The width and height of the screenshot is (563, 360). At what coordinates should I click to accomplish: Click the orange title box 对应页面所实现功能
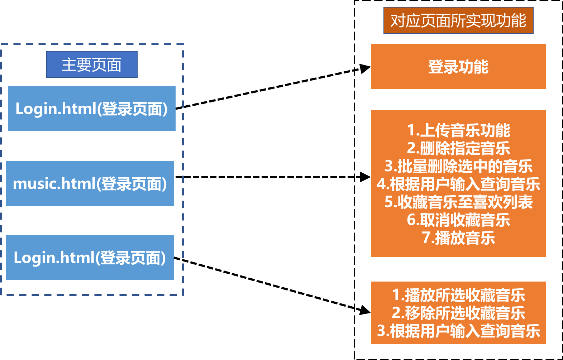458,20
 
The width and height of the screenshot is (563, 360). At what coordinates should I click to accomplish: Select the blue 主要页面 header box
92,64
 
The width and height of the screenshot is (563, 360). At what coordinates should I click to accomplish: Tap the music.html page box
90,183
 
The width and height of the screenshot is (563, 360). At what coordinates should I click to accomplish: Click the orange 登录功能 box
458,67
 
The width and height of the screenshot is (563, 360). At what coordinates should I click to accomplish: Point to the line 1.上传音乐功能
458,130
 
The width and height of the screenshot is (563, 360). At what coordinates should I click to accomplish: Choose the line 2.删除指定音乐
458,148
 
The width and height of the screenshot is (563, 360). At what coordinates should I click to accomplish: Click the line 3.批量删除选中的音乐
458,166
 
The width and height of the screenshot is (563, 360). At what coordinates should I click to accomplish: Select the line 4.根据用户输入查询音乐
458,184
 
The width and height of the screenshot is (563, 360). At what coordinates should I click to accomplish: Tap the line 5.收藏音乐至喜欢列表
458,202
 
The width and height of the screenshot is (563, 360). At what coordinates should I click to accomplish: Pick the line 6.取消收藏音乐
458,220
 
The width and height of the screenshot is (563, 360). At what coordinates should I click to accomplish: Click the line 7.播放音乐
458,237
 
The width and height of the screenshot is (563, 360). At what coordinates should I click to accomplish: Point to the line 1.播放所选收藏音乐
458,295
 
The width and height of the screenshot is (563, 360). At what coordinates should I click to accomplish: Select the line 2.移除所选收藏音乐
458,313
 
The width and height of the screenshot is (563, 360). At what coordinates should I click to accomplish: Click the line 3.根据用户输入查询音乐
458,331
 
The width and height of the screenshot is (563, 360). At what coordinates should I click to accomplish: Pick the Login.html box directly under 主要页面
92,109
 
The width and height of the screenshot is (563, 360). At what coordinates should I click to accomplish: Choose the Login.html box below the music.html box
90,257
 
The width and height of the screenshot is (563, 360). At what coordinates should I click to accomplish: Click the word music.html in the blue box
54,183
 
